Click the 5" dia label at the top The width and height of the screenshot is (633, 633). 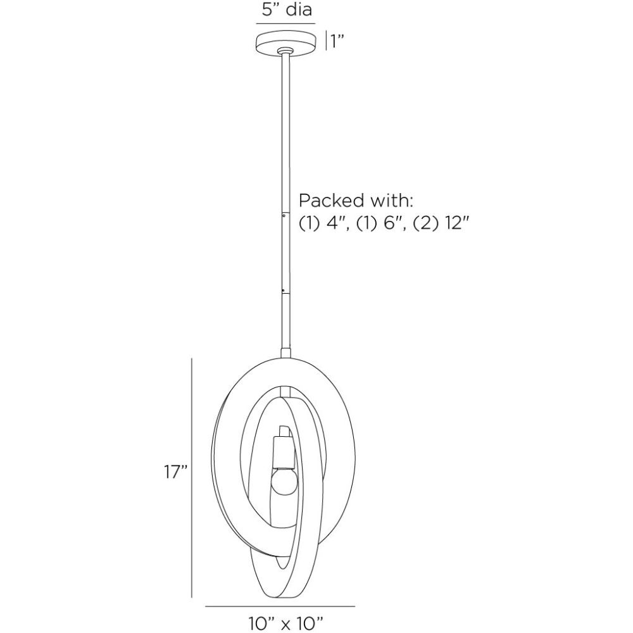click(285, 10)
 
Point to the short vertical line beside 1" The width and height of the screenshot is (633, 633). click(326, 41)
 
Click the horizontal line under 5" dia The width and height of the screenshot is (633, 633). click(285, 24)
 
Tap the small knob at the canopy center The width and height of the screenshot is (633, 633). click(285, 49)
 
